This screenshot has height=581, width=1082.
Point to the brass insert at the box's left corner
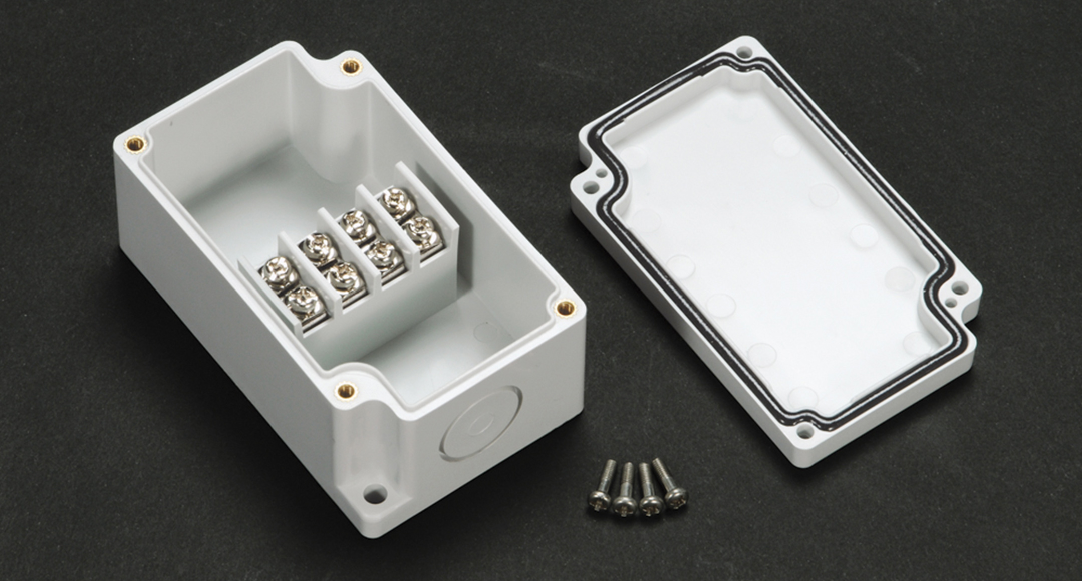[133, 144]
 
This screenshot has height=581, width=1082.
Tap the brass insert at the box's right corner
[565, 306]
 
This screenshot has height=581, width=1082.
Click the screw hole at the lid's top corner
[742, 51]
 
